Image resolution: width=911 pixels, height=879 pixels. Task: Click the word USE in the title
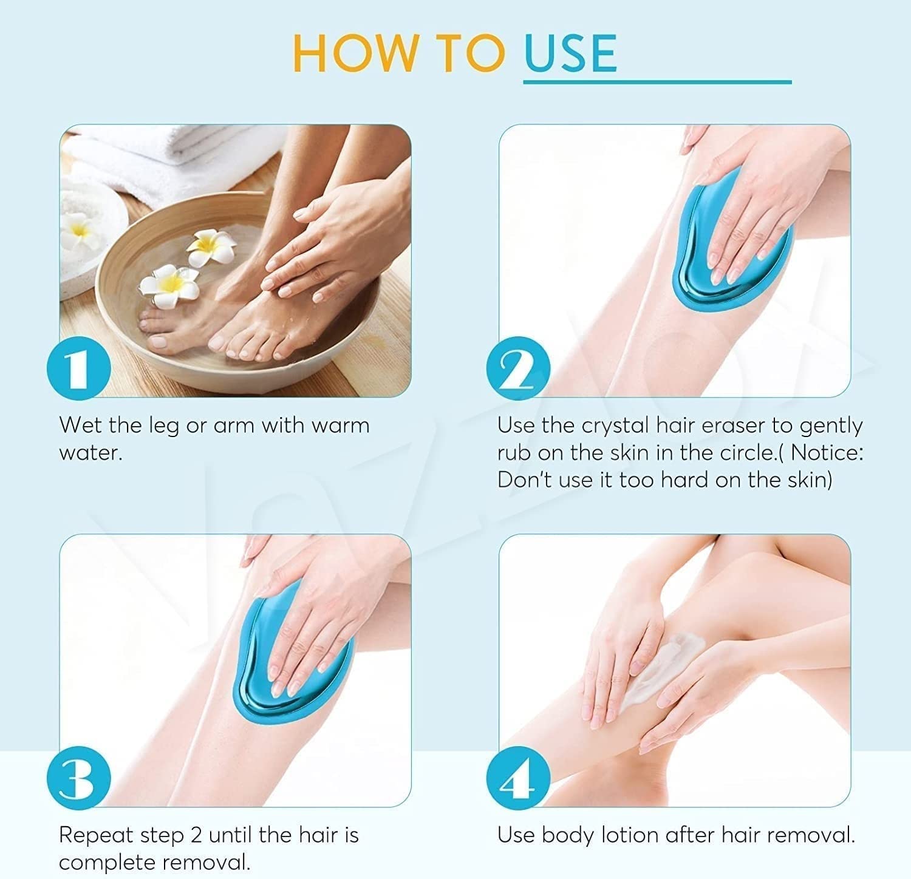570,53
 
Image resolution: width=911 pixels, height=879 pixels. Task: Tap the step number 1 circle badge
78,368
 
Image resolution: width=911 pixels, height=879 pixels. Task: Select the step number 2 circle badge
518,368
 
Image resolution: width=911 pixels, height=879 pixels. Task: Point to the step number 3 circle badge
78,779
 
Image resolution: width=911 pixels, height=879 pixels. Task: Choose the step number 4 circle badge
518,779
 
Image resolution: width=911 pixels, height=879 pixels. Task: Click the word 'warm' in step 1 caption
339,425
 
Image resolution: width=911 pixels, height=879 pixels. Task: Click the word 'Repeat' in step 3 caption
96,835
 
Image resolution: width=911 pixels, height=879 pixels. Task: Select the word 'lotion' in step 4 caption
630,835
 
